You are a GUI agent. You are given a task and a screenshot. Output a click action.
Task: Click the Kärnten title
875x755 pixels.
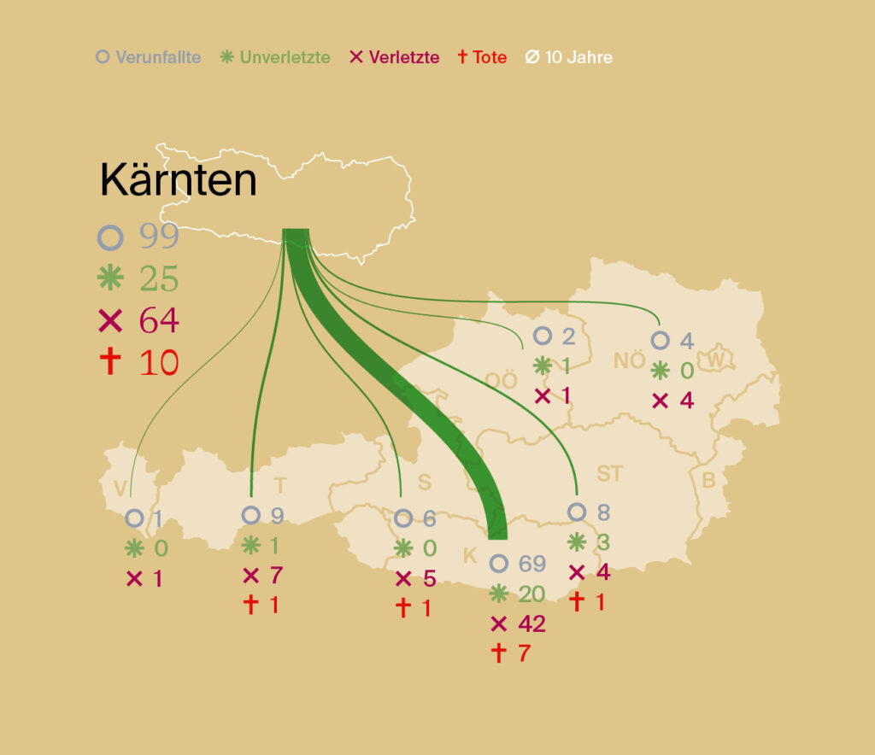click(x=178, y=180)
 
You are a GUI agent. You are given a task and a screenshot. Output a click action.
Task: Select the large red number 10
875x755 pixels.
click(x=159, y=363)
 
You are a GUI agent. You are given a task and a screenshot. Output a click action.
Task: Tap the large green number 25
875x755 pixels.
click(x=159, y=279)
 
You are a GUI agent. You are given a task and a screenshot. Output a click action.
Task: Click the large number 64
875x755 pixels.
click(x=159, y=321)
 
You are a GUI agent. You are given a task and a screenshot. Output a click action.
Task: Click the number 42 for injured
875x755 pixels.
click(x=530, y=624)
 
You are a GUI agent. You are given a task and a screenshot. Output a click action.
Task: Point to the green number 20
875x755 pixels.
click(x=531, y=594)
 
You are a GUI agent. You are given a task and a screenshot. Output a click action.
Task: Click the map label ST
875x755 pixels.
click(x=609, y=473)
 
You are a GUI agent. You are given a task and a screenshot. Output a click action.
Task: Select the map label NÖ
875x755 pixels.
click(x=630, y=360)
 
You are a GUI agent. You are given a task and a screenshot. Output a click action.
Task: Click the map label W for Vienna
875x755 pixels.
click(x=715, y=360)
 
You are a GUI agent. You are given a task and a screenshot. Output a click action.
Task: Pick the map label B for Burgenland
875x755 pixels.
click(x=708, y=481)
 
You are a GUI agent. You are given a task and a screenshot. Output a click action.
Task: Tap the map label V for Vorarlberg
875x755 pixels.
click(x=120, y=488)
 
